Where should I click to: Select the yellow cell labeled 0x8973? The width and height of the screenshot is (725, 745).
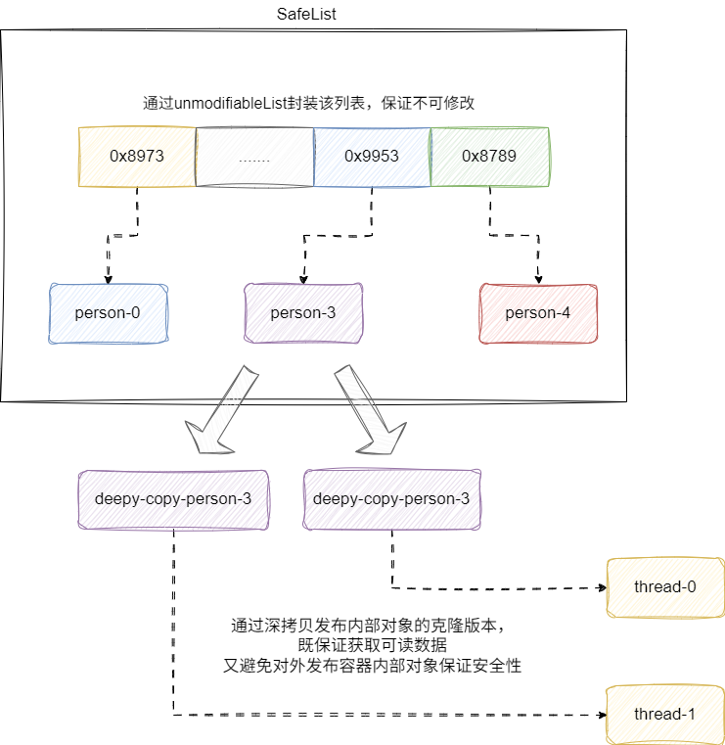(136, 157)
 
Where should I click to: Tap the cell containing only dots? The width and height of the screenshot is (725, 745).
(254, 157)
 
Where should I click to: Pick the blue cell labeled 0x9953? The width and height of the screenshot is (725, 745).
(372, 157)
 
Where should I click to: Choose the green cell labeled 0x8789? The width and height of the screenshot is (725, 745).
(489, 157)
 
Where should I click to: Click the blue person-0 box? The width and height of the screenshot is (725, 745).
(108, 313)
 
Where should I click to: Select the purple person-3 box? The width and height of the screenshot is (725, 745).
(303, 313)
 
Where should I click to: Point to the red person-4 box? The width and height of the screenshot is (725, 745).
(538, 313)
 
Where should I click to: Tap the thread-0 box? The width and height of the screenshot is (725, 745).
(665, 587)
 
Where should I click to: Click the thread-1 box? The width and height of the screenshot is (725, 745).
(665, 715)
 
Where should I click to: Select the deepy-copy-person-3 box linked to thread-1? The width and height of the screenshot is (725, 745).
(173, 499)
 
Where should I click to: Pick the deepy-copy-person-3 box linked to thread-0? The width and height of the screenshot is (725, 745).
(391, 499)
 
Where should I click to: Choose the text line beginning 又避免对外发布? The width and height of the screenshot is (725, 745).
(372, 666)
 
